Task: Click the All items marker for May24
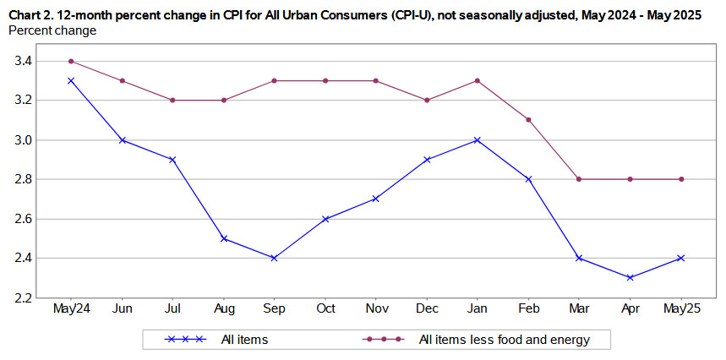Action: tap(72, 80)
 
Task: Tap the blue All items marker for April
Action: tap(630, 277)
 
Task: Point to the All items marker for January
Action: tap(478, 139)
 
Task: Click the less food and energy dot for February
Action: tap(528, 120)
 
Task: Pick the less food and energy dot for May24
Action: tap(72, 61)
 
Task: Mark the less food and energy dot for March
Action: tap(579, 179)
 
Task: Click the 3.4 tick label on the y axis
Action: tap(24, 61)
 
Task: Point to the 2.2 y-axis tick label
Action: tap(24, 297)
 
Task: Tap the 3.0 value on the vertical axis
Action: tap(24, 139)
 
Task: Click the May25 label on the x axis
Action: tap(680, 309)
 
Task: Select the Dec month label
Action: tap(427, 309)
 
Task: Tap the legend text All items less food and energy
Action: tap(504, 340)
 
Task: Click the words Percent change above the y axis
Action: tap(52, 30)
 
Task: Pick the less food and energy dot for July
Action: tap(173, 100)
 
